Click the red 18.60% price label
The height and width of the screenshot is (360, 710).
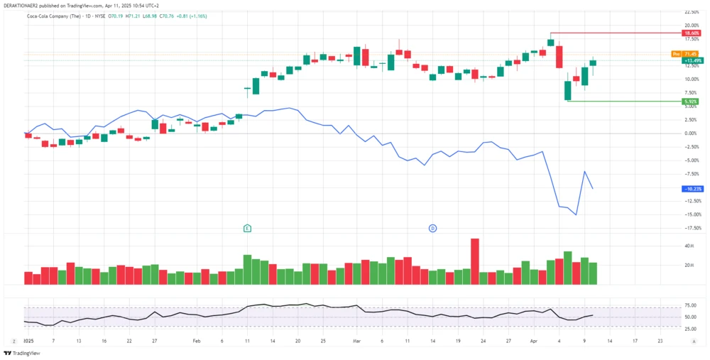[691, 33]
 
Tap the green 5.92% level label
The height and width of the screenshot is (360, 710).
[690, 102]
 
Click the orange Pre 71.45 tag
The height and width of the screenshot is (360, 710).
[685, 54]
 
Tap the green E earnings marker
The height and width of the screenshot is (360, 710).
[247, 228]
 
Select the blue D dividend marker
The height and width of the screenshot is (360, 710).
[432, 228]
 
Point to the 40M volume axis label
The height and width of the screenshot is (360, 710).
[689, 246]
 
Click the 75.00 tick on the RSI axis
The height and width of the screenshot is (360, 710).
[689, 306]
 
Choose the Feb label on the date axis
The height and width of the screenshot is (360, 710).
[197, 341]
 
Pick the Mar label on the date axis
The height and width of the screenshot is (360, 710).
[356, 341]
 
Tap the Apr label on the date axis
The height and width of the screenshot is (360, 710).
[534, 341]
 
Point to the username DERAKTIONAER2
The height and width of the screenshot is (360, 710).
[23, 4]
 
